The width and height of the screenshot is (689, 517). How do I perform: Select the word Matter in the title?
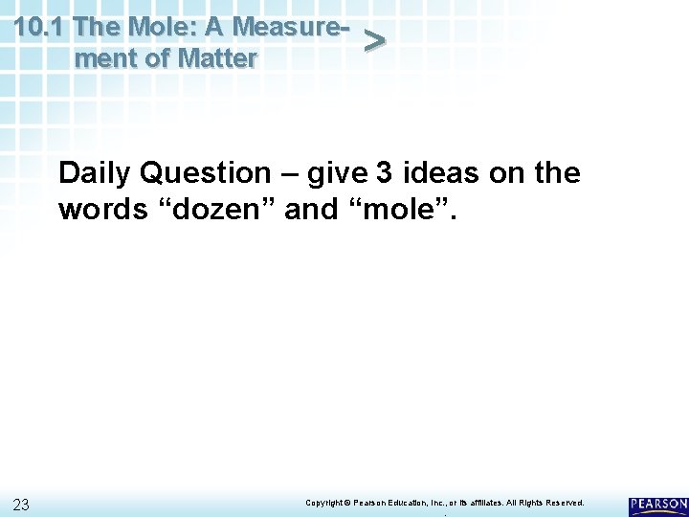[x=216, y=58]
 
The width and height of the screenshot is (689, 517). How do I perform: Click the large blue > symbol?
[x=375, y=40]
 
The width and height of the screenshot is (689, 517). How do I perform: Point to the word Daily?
[x=95, y=173]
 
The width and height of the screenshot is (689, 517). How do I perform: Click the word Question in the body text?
[x=205, y=173]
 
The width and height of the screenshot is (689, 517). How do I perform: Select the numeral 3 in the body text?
[x=384, y=173]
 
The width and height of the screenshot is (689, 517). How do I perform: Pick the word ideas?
[x=440, y=173]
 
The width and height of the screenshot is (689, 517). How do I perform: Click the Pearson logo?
[x=657, y=506]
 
